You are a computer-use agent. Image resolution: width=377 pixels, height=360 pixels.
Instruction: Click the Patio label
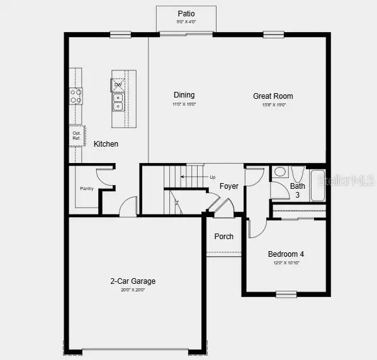[x=186, y=13]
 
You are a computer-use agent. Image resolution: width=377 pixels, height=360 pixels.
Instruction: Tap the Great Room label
[x=273, y=96]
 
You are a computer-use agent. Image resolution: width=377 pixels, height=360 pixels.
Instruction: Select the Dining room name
[x=184, y=95]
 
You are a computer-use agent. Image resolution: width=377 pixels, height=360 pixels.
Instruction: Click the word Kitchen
[x=106, y=144]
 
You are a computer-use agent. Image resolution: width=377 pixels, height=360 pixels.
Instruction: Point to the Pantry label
[x=86, y=188]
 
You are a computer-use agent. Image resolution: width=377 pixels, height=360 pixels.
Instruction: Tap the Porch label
[x=223, y=237]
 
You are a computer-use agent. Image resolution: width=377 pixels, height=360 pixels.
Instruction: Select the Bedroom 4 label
[x=286, y=254]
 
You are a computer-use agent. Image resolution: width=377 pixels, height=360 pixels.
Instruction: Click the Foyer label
[x=228, y=186]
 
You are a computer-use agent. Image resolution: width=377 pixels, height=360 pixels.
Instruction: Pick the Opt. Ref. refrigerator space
[x=77, y=136]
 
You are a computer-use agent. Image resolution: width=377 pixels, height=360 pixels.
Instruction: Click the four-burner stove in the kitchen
[x=76, y=96]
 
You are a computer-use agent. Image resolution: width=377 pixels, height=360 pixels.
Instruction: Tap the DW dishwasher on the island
[x=118, y=84]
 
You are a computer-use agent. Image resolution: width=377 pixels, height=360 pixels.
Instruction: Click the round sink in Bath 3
[x=280, y=172]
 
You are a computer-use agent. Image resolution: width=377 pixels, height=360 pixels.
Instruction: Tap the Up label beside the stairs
[x=212, y=177]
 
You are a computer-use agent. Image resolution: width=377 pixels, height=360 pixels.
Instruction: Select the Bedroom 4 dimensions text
[x=286, y=262]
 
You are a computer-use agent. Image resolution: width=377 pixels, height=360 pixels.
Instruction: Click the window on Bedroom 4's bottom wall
[x=286, y=294]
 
